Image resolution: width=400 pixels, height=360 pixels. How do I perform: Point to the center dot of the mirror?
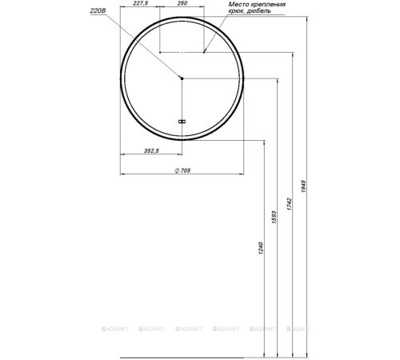[182, 78]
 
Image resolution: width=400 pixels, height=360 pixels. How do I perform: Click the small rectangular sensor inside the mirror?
[182, 122]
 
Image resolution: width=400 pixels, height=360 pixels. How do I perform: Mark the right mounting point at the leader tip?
[204, 52]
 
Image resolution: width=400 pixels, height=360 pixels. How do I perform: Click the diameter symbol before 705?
[176, 169]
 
